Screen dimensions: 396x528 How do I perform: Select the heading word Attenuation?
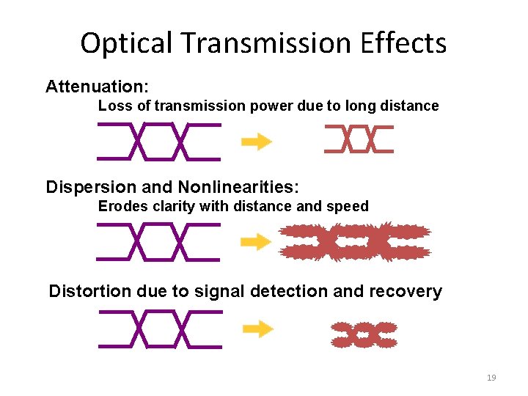tap(92, 87)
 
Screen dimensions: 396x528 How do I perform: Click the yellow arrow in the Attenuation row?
tap(257, 142)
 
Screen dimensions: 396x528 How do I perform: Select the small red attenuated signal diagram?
tap(359, 139)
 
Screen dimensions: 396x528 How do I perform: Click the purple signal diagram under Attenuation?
tap(158, 142)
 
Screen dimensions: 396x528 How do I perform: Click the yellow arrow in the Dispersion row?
tap(257, 242)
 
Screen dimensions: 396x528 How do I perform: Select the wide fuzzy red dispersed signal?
tap(355, 242)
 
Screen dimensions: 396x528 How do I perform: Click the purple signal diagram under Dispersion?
tap(158, 242)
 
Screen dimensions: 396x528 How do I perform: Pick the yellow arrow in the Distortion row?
tap(258, 329)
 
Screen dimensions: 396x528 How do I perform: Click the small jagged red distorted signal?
tap(364, 334)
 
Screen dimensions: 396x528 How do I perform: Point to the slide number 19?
tap(491, 378)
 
